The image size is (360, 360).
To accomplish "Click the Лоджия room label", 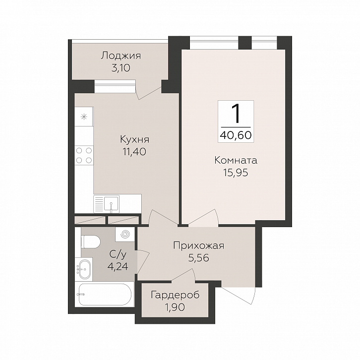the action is click(121, 56).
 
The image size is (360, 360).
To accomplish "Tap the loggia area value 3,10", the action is click(121, 68).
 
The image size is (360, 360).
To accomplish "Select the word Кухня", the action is click(135, 139).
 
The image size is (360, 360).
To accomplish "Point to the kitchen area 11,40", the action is click(134, 152).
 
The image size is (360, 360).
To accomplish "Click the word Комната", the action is click(236, 160).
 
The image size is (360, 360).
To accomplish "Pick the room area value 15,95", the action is click(236, 173).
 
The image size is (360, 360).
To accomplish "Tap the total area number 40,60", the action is click(236, 135).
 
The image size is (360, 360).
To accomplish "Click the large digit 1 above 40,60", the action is click(236, 114).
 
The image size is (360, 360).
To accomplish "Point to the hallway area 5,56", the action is click(199, 258).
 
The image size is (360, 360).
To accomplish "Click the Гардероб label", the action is click(175, 296).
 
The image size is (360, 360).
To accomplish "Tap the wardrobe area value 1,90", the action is click(175, 307).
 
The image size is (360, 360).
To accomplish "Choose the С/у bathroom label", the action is click(118, 254).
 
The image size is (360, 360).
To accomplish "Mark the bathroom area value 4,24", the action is click(118, 267).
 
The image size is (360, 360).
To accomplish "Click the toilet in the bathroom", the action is click(91, 241).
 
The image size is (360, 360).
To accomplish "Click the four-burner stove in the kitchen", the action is click(84, 155).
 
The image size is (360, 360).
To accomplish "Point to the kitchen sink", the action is click(112, 204).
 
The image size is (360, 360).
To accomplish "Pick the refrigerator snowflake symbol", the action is click(84, 117).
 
